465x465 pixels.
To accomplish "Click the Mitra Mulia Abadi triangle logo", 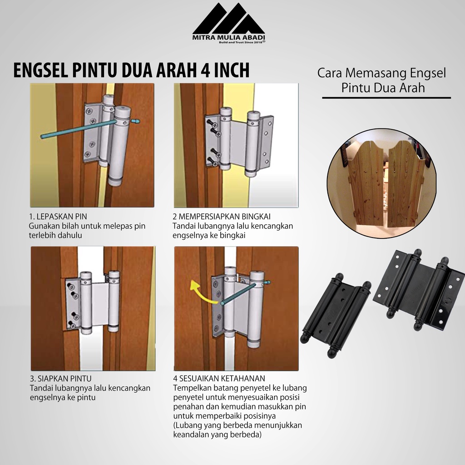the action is tap(229, 19).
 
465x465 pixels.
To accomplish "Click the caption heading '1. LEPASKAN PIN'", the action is tap(58, 217).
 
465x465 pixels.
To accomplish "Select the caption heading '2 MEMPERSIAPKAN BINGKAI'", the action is tap(222, 217).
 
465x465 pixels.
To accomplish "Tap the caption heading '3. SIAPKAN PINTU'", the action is tap(60, 379).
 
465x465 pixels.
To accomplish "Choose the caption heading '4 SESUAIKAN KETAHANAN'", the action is tap(219, 378).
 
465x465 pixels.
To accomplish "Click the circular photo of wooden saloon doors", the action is tap(381, 183).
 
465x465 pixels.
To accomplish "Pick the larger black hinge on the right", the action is tap(420, 290).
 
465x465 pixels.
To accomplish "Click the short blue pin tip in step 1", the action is tap(135, 121).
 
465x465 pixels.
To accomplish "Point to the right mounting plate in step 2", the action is tap(267, 139).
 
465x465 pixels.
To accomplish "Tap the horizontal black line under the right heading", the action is tap(386, 98).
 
